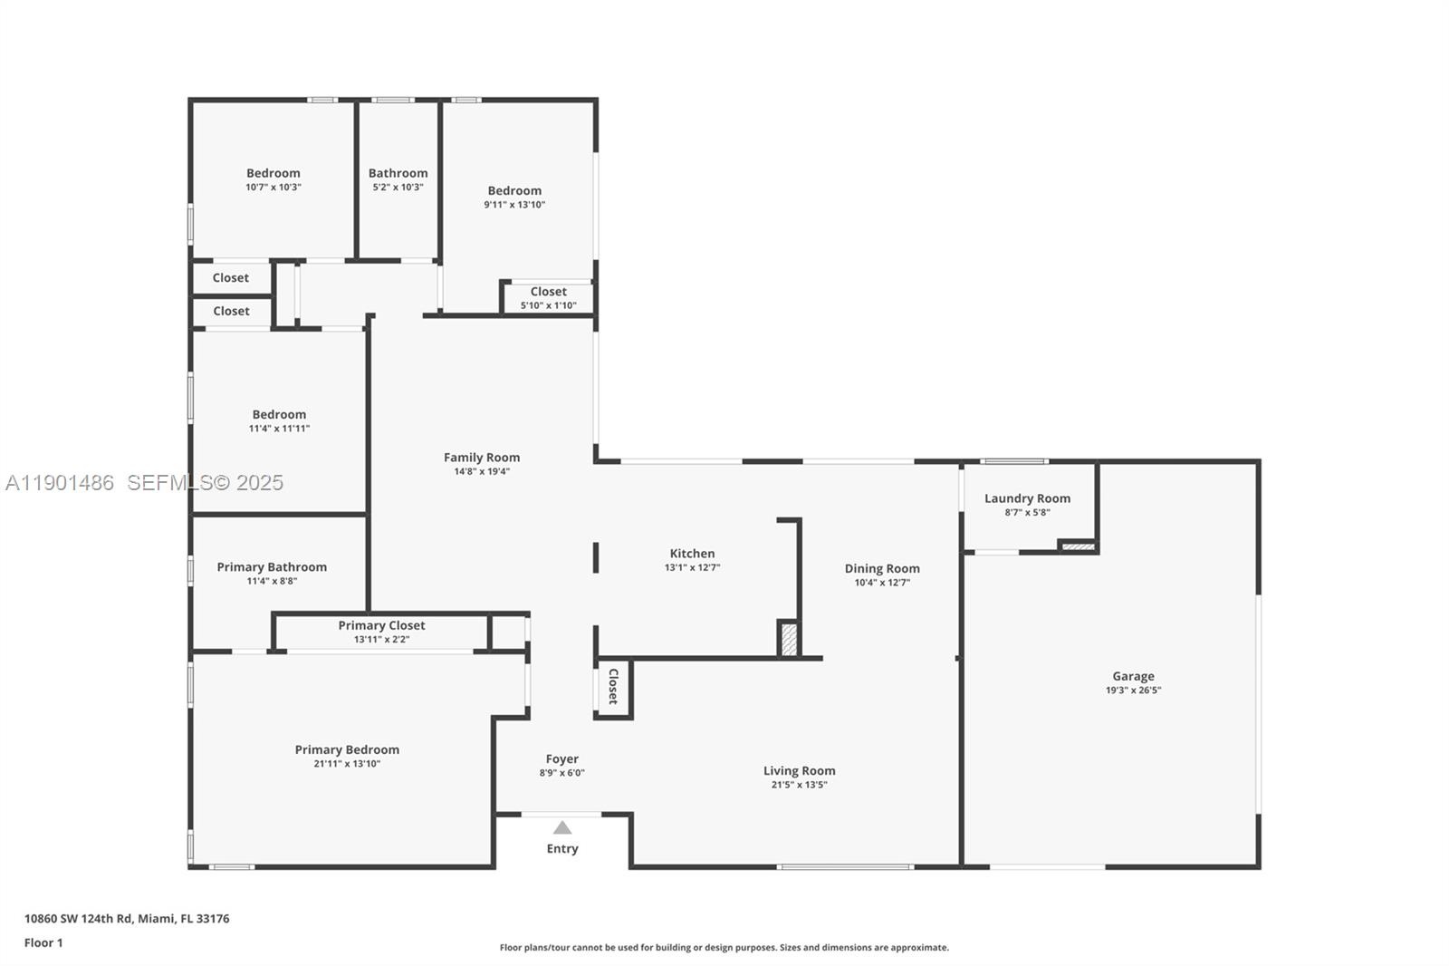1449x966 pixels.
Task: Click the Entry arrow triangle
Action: click(x=562, y=827)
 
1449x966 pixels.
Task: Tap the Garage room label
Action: click(x=1133, y=676)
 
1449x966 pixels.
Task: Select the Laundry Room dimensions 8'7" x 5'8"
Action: click(x=1027, y=512)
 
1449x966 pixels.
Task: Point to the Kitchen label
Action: click(x=692, y=553)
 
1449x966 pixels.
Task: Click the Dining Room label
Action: click(x=882, y=568)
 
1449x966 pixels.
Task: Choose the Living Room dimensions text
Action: click(x=800, y=785)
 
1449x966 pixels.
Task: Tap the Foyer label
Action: click(x=562, y=758)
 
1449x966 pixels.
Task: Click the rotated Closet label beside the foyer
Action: click(x=613, y=686)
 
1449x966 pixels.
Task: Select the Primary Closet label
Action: click(x=381, y=625)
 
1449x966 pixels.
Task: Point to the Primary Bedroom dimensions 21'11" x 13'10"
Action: click(x=347, y=763)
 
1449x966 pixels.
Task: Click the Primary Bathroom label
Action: click(x=272, y=567)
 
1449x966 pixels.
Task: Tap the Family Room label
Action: click(x=482, y=457)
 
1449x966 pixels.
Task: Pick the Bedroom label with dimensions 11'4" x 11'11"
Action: click(x=280, y=414)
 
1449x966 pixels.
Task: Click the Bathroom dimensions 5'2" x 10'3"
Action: click(x=398, y=187)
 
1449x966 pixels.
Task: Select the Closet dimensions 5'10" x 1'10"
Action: click(x=549, y=305)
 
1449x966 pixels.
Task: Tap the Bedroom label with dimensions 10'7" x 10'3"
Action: click(x=273, y=173)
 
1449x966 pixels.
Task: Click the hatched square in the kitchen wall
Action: click(x=789, y=639)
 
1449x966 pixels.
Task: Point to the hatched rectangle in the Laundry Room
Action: click(x=1079, y=546)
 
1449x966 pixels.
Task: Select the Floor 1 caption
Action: click(x=43, y=942)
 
